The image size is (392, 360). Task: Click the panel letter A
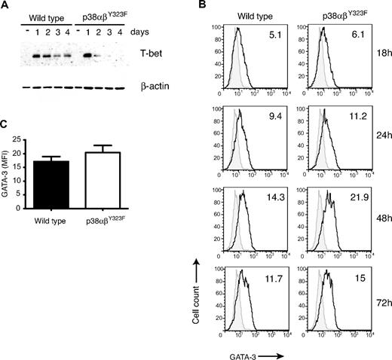pos(5,5)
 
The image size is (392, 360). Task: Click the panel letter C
pos(5,124)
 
